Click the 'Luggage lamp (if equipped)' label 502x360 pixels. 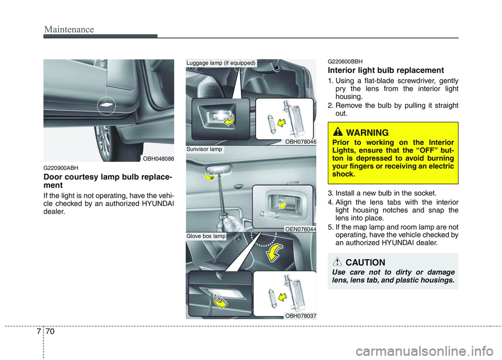point(221,63)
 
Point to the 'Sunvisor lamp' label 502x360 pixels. point(204,149)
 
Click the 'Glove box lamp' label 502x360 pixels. point(206,236)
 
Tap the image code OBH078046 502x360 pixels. point(300,142)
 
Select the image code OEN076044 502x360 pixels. point(300,228)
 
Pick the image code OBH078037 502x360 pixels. point(300,315)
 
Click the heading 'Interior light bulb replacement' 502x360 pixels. point(386,70)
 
